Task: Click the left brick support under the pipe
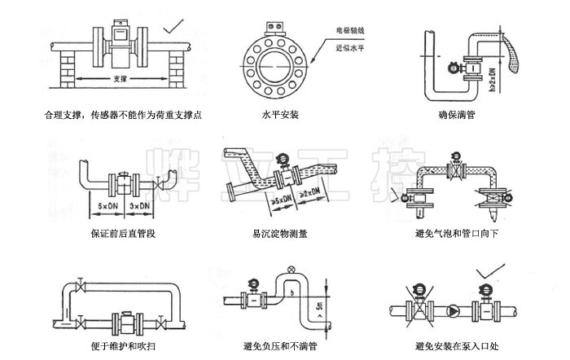point(64,70)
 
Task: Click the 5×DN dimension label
point(107,206)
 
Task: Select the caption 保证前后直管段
point(122,233)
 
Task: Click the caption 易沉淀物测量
point(280,233)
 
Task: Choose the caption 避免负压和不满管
point(280,346)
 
